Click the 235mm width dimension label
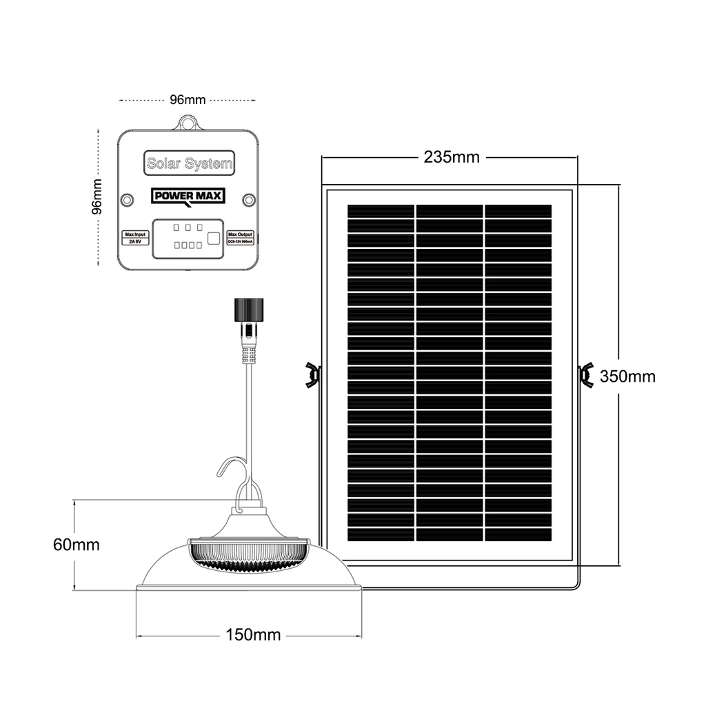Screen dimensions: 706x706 451,157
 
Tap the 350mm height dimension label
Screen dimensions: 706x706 627,376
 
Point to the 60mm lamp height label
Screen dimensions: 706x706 77,545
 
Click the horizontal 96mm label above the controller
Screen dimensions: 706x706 188,100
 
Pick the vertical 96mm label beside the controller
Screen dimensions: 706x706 97,196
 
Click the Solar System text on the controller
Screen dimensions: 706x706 190,164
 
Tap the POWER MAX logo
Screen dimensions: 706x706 188,197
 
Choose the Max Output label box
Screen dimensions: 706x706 241,239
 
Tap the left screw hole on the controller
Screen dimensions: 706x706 126,199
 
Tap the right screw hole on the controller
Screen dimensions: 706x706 248,199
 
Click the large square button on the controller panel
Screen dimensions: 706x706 214,239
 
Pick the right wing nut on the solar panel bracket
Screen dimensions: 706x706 587,374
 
